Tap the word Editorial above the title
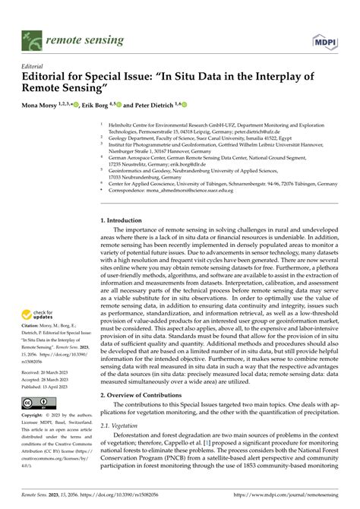tap(35, 66)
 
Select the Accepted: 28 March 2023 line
tap(47, 378)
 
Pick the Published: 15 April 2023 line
tap(47, 385)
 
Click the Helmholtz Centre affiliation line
tap(220, 121)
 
